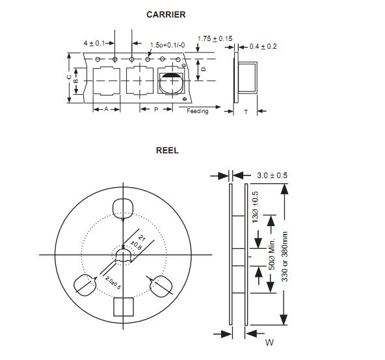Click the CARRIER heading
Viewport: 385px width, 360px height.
coord(166,15)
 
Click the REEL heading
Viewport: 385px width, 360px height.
coord(167,150)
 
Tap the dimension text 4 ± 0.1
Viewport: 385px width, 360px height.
coord(94,44)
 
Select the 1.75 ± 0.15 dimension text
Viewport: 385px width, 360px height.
coord(215,38)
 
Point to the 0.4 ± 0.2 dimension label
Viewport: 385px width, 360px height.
coord(263,46)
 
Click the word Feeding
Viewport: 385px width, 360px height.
coord(198,111)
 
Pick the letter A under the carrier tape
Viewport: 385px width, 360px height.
coord(106,109)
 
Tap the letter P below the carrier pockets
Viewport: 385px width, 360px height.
coord(156,109)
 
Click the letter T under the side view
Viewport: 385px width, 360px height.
coord(246,112)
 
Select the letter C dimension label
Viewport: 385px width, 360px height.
coord(69,77)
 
